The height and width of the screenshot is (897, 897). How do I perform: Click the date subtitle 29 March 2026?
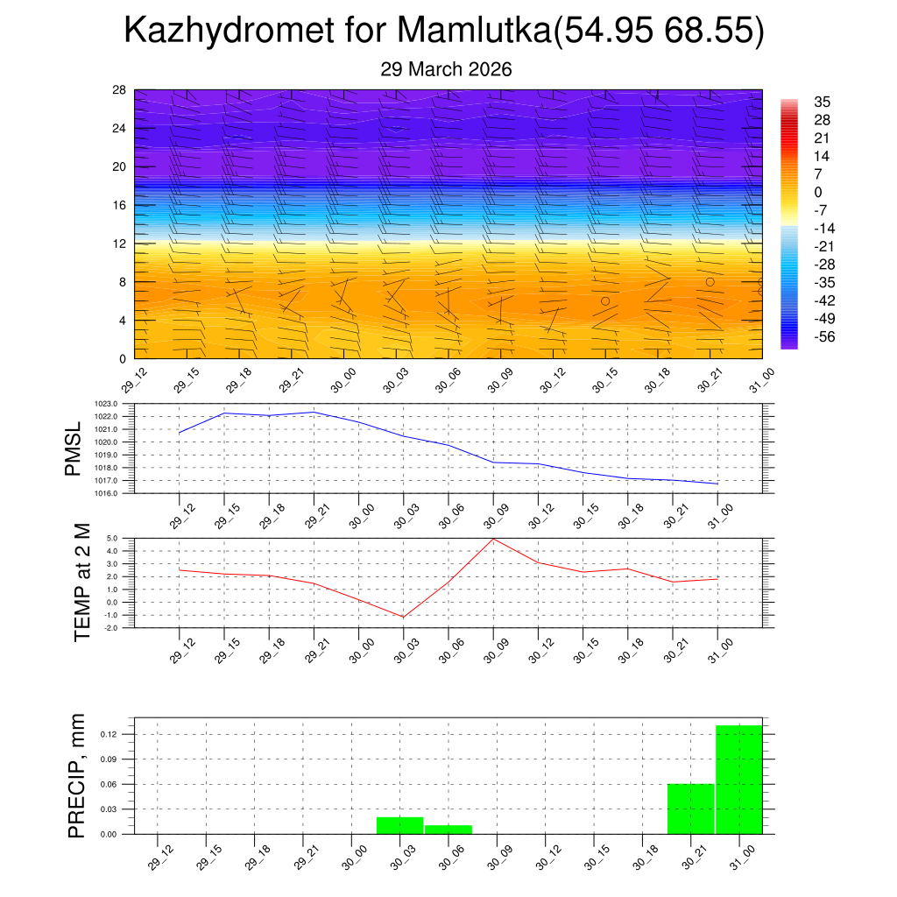click(x=446, y=69)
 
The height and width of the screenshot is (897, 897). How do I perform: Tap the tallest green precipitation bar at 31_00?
click(x=738, y=780)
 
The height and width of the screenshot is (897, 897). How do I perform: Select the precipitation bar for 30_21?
click(x=690, y=809)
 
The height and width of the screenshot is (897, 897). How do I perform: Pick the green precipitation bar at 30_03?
click(x=399, y=825)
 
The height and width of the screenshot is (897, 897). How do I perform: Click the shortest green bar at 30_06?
click(x=448, y=829)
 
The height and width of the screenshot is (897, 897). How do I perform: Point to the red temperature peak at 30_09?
click(x=493, y=539)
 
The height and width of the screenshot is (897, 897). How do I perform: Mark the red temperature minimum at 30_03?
click(x=404, y=617)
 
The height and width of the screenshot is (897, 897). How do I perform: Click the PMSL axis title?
click(x=73, y=448)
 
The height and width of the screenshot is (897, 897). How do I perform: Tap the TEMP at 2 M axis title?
click(x=82, y=582)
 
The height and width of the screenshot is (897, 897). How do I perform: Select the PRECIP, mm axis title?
click(x=78, y=775)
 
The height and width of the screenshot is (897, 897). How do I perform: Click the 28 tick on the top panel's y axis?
click(x=119, y=90)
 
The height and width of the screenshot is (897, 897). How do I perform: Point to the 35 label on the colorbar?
click(x=822, y=102)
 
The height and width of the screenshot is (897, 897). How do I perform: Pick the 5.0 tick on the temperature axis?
click(x=112, y=539)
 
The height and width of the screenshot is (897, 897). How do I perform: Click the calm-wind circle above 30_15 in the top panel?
click(x=605, y=300)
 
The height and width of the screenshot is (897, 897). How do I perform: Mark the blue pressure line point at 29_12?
click(x=180, y=433)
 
